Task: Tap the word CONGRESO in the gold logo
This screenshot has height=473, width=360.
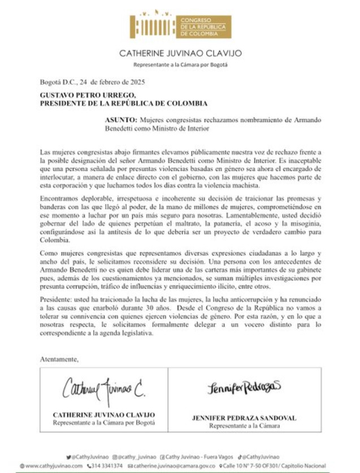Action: click(x=195, y=20)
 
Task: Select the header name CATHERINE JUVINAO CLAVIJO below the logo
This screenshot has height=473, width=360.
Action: click(x=180, y=54)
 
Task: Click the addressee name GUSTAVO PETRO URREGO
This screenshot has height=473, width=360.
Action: click(x=88, y=96)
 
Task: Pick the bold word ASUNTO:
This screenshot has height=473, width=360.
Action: click(x=121, y=120)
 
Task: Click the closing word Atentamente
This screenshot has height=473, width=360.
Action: click(x=59, y=359)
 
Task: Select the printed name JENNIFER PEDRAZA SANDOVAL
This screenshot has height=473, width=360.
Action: click(x=244, y=418)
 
